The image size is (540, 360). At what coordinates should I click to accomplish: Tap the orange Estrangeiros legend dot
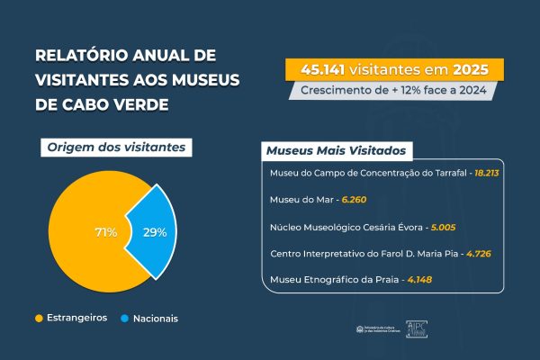(x=39, y=318)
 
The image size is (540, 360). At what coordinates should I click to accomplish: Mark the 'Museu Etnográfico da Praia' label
(x=336, y=282)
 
